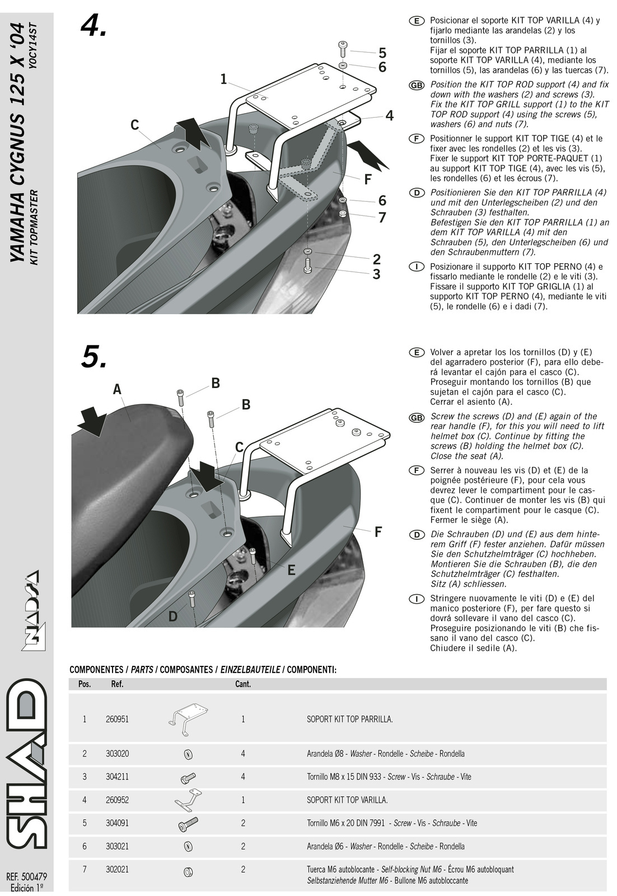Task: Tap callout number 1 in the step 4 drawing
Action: (x=224, y=80)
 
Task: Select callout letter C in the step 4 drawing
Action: (x=135, y=124)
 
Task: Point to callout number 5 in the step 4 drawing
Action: (x=382, y=53)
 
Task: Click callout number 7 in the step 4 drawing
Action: (x=382, y=217)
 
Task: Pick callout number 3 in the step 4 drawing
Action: (x=376, y=274)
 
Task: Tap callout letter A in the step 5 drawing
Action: (x=117, y=389)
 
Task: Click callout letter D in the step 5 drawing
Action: (x=173, y=617)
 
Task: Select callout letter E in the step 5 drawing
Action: (x=291, y=570)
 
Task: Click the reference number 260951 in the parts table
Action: (x=117, y=719)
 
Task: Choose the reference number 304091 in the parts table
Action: (x=117, y=823)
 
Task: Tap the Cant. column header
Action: (x=243, y=684)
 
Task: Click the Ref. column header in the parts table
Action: (x=117, y=684)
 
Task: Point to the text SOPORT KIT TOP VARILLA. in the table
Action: (x=347, y=800)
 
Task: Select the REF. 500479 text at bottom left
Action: (x=26, y=876)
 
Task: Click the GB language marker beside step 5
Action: (x=416, y=418)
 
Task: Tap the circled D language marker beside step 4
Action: (x=416, y=193)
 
